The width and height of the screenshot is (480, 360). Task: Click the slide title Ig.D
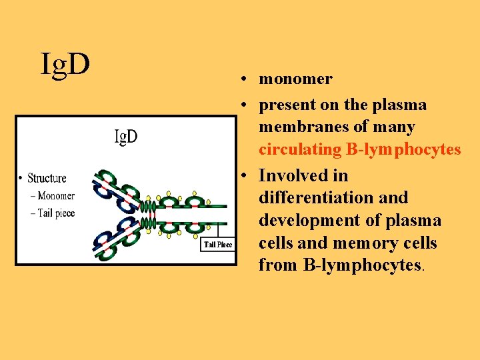point(65,63)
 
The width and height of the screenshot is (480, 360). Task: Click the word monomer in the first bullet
point(295,79)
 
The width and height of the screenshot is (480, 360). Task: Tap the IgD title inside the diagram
point(126,137)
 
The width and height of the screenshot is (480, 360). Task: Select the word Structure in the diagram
point(47,178)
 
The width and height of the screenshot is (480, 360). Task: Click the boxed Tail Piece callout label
point(218,245)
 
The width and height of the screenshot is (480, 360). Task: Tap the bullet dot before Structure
point(21,178)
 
